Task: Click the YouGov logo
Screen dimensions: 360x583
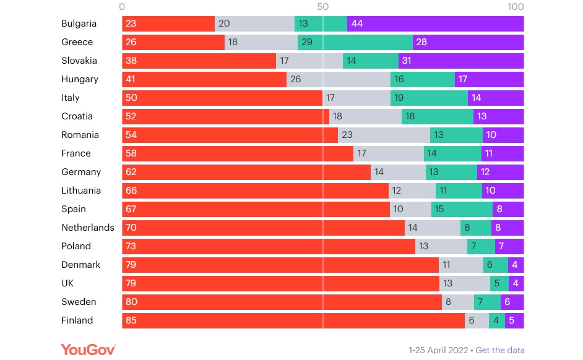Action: (88, 349)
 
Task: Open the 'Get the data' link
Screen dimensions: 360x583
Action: (499, 350)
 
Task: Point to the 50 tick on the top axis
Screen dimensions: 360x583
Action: (322, 7)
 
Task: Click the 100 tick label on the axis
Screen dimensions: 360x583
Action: (515, 7)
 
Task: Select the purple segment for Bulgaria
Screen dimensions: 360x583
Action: (436, 24)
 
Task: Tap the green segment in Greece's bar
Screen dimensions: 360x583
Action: (355, 42)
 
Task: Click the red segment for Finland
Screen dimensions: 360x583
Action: (293, 320)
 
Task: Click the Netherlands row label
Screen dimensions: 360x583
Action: (87, 228)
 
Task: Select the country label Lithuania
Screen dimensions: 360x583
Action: (81, 191)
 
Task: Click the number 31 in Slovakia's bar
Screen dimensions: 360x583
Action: (406, 61)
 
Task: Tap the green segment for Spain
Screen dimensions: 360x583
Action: (461, 209)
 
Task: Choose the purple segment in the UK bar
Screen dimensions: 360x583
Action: (516, 283)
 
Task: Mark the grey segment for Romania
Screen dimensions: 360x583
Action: (384, 135)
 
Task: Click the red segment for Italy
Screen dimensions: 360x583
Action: (222, 98)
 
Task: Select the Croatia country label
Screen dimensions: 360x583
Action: (77, 116)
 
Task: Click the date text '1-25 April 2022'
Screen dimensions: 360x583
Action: (438, 350)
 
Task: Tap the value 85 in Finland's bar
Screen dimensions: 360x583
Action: (131, 320)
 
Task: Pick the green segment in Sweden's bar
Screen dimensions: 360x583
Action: (487, 302)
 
